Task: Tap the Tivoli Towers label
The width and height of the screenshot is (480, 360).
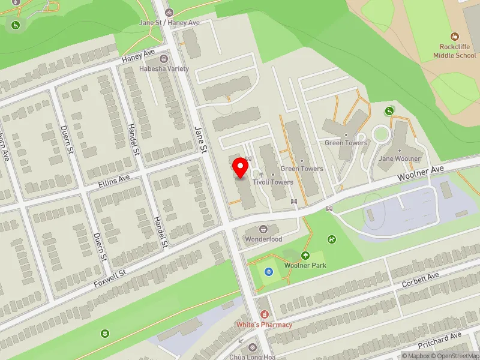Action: pyautogui.click(x=273, y=182)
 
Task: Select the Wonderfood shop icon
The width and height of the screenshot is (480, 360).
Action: pyautogui.click(x=263, y=229)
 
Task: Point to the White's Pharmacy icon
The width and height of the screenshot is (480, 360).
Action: pyautogui.click(x=263, y=314)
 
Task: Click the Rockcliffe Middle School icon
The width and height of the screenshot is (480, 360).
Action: pyautogui.click(x=455, y=37)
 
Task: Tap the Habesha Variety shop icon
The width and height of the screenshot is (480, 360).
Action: pyautogui.click(x=163, y=59)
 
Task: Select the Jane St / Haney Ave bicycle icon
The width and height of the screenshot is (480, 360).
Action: pyautogui.click(x=169, y=12)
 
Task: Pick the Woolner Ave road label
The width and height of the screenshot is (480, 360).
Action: pyautogui.click(x=422, y=174)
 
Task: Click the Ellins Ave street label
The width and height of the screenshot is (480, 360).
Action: pyautogui.click(x=115, y=179)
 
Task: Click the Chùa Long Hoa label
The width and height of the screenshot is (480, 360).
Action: pyautogui.click(x=252, y=356)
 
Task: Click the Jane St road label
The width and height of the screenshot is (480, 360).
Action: pyautogui.click(x=201, y=139)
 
